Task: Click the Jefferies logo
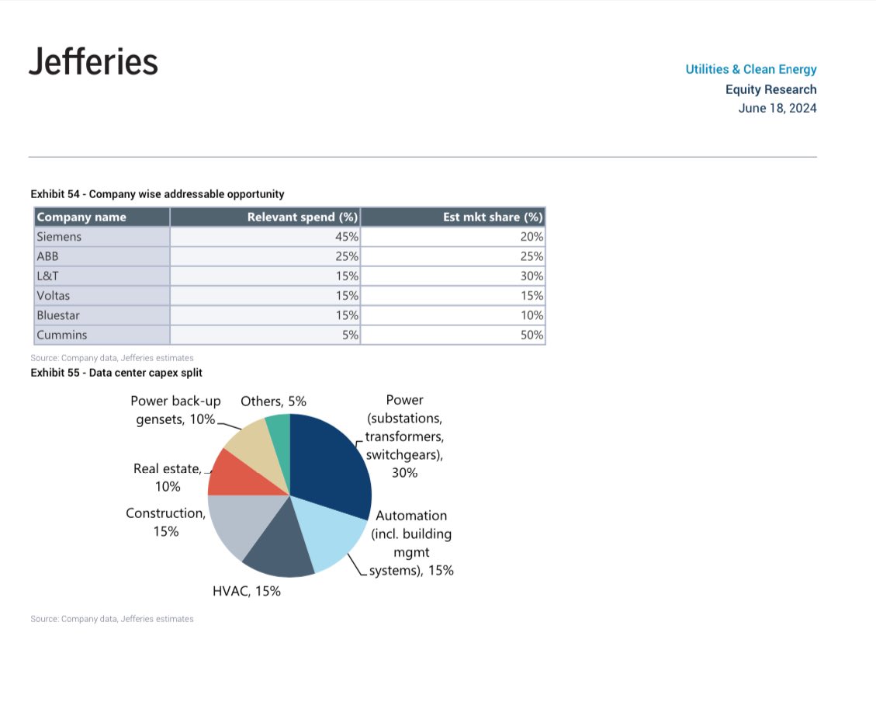(93, 61)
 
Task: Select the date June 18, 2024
(777, 109)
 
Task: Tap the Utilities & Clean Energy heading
(750, 70)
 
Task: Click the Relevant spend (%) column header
(302, 217)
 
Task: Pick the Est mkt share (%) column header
(492, 217)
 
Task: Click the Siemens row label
(59, 237)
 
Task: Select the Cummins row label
(62, 335)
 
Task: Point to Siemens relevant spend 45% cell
(347, 237)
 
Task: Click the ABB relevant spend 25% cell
(347, 256)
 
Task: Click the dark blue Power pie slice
(330, 462)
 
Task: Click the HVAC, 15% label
(247, 591)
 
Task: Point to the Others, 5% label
(273, 401)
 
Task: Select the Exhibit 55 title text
(116, 373)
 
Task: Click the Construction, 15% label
(165, 522)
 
